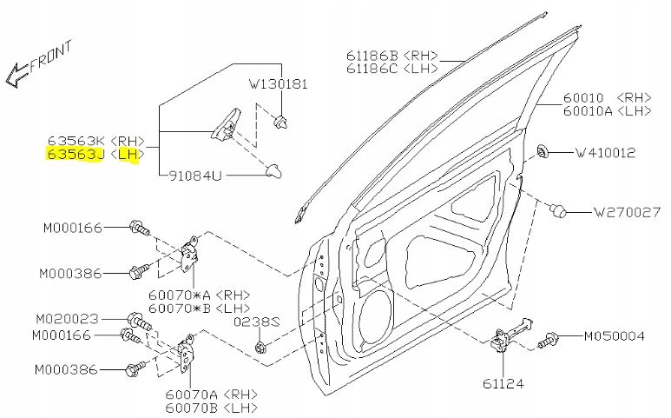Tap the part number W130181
tap(279, 85)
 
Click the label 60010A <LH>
tap(608, 111)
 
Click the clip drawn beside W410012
tap(546, 150)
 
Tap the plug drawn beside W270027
tap(560, 209)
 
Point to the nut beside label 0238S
tap(262, 348)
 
